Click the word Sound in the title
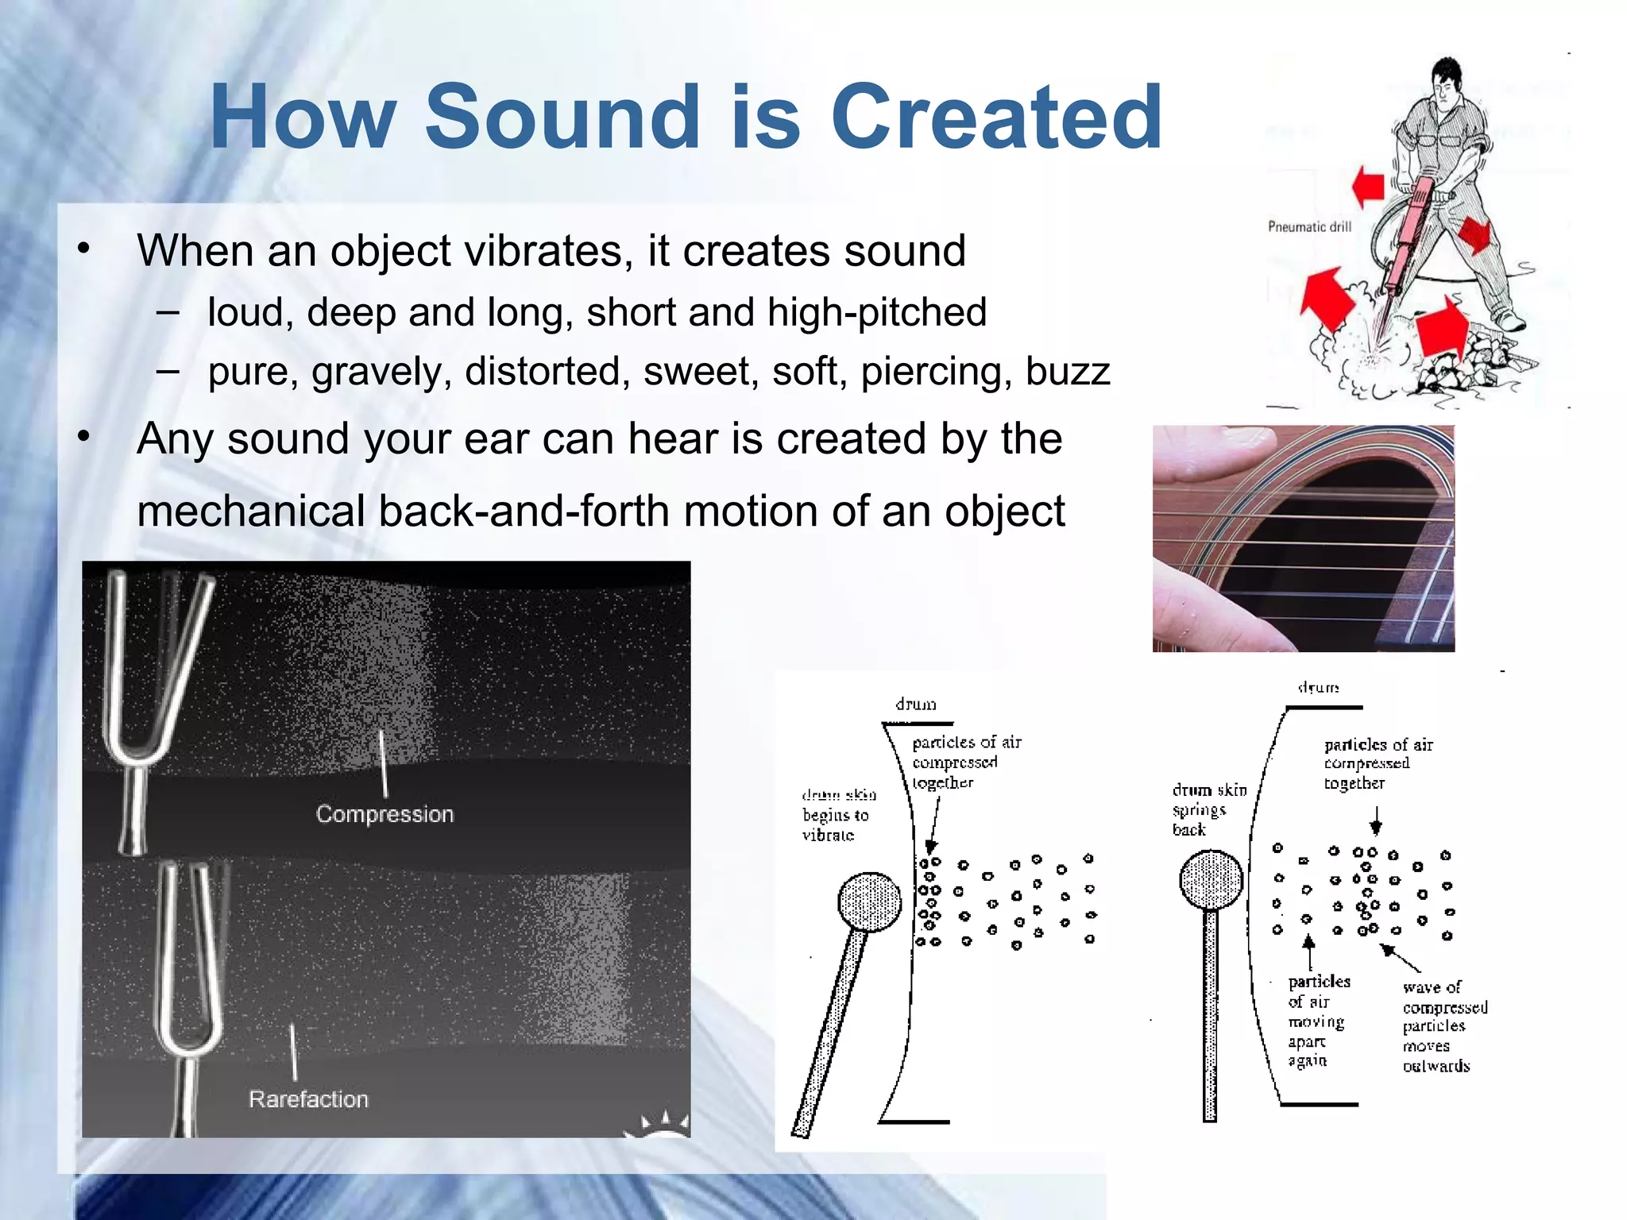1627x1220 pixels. pos(561,118)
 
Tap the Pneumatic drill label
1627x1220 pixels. pos(1309,227)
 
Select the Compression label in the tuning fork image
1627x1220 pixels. pos(385,814)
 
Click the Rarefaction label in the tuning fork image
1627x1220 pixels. pos(308,1099)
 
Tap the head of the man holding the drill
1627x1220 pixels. pos(1447,79)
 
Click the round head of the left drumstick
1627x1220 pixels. pos(869,901)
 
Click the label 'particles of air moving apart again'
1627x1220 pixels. pos(1315,1021)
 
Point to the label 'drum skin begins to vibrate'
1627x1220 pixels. pos(837,815)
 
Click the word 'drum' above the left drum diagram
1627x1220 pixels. pos(915,705)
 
